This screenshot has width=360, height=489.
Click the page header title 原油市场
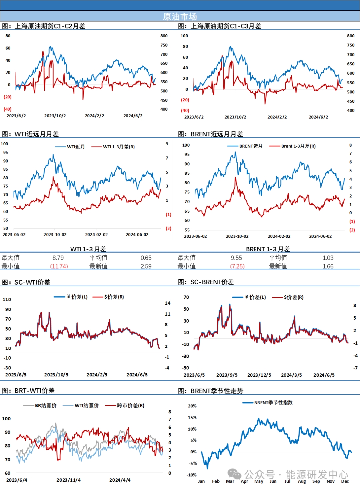[x=180, y=16]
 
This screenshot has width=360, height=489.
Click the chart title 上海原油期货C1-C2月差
[x=50, y=26]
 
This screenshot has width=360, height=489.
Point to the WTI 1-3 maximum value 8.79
[x=58, y=258]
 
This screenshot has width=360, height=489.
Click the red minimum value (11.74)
[x=59, y=266]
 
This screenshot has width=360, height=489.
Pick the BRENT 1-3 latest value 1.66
[x=328, y=266]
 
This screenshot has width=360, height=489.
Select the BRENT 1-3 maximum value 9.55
[x=236, y=258]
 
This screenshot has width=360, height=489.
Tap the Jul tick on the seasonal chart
[x=287, y=481]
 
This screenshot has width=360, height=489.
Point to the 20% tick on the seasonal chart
[x=192, y=406]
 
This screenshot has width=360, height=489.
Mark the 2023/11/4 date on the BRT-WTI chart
[x=68, y=480]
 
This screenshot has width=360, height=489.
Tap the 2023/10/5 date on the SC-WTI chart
[x=56, y=375]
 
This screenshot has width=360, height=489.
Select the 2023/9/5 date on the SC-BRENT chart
[x=227, y=375]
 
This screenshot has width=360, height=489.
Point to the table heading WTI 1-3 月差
[x=88, y=249]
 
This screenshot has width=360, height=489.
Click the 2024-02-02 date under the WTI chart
[x=96, y=235]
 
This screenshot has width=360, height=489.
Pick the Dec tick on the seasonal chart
[x=345, y=481]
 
